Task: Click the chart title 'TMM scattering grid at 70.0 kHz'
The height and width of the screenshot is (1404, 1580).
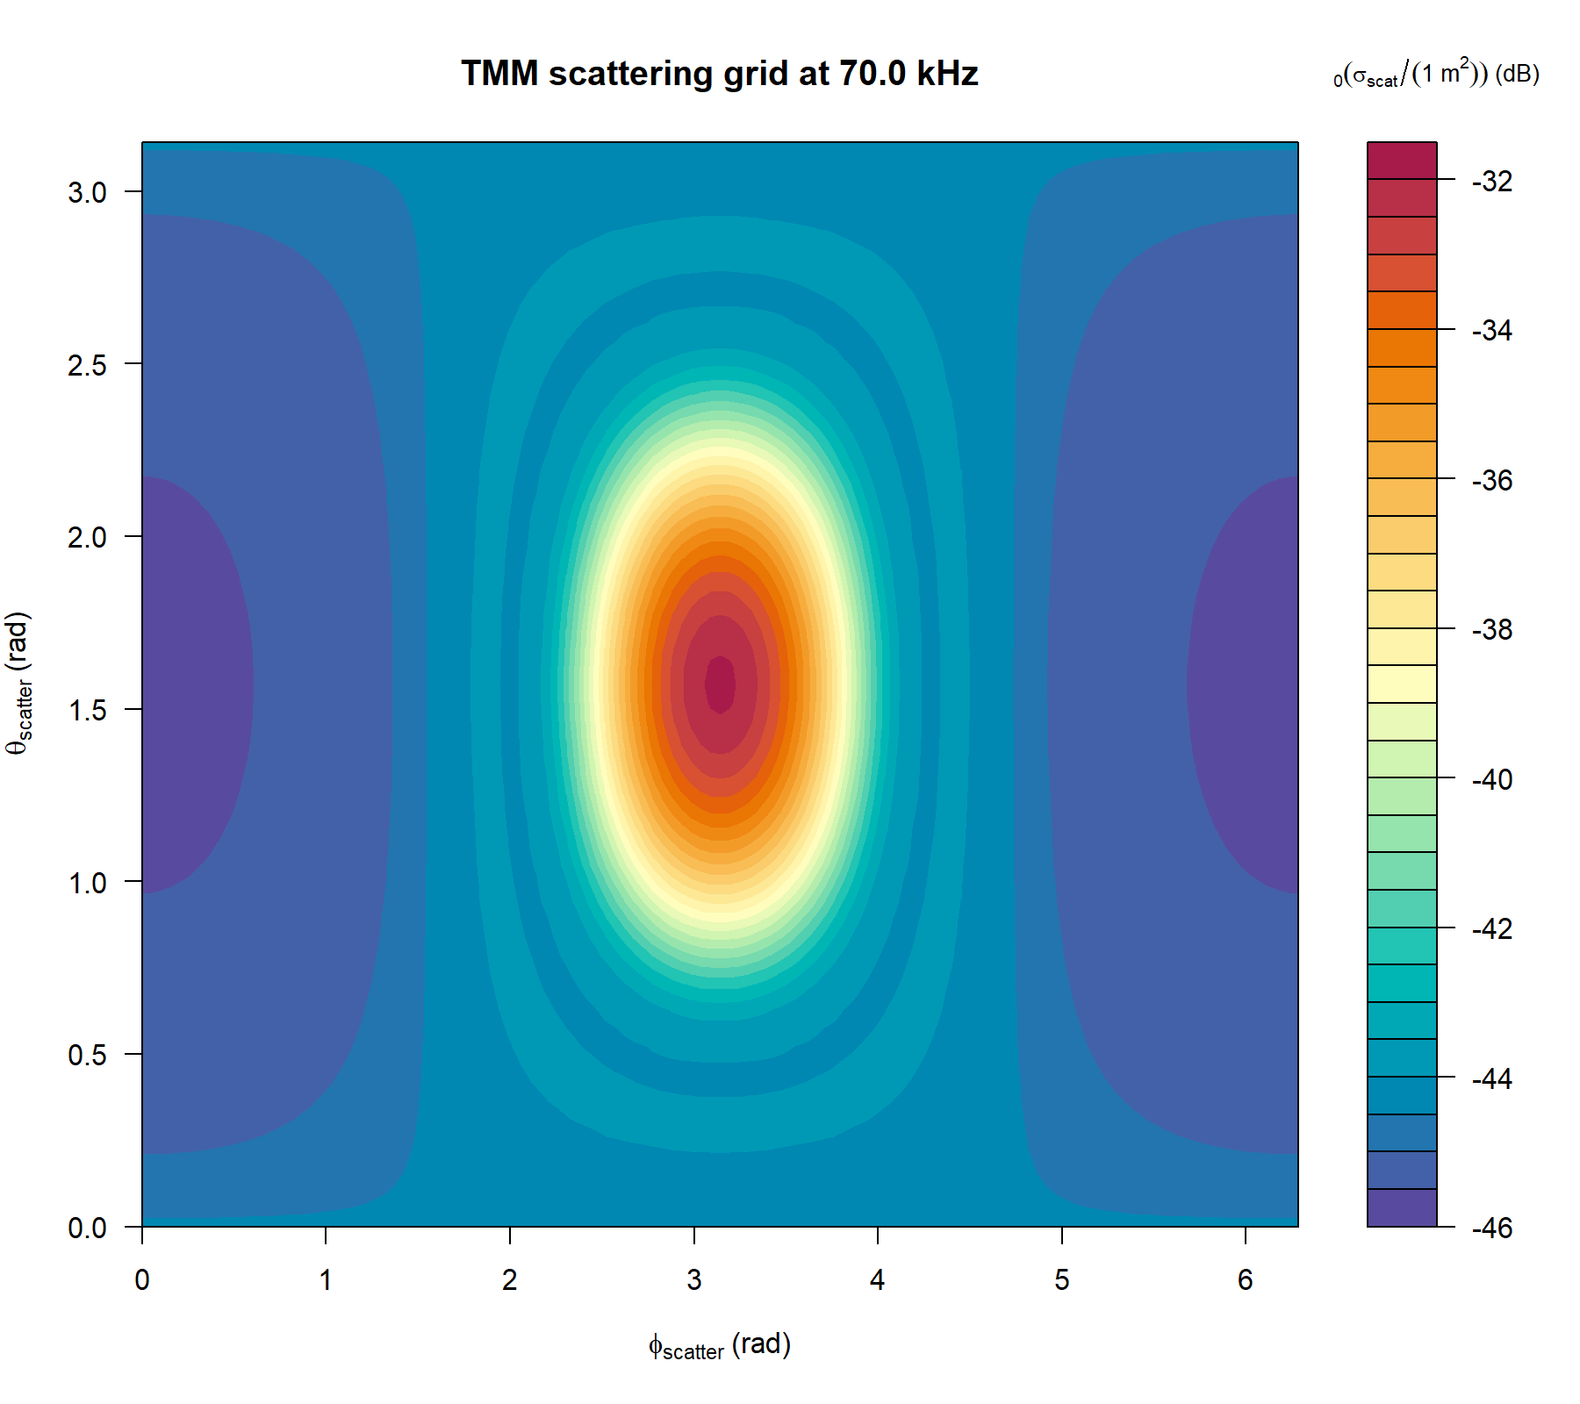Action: pos(719,73)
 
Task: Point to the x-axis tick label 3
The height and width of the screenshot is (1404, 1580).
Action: pos(694,1280)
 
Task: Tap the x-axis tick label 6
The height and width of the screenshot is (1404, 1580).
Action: pos(1245,1280)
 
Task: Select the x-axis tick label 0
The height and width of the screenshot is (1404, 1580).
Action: pos(142,1280)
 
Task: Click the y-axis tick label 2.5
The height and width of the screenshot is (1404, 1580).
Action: pos(87,364)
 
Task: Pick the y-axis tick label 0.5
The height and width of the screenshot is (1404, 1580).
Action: pos(87,1055)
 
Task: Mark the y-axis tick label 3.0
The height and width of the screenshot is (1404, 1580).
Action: pos(87,192)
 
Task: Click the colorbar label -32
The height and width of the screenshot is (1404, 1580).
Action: pos(1492,182)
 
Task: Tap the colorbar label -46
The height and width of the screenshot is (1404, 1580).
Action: pos(1492,1228)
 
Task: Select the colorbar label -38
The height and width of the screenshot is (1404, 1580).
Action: pos(1492,630)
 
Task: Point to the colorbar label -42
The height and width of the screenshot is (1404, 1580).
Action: pos(1492,928)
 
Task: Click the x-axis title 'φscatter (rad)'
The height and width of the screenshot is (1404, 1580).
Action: pos(719,1346)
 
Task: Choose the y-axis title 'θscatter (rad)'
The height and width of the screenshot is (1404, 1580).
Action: pos(19,684)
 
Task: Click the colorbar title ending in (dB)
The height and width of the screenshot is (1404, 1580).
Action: pos(1436,74)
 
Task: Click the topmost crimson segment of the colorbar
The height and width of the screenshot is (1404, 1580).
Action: pos(1402,161)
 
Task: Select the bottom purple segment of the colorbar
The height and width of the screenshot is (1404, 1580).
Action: pos(1402,1207)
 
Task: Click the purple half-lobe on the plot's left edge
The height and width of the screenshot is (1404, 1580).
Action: pos(189,684)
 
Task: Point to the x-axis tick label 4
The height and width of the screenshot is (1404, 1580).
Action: pos(878,1280)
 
